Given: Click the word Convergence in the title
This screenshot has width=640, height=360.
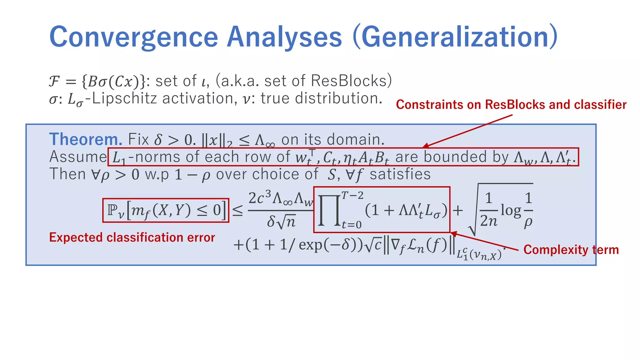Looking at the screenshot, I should coord(133,37).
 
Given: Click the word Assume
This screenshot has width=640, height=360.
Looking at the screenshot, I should coord(78,157).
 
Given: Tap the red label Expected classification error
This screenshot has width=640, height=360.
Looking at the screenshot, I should coord(132,237).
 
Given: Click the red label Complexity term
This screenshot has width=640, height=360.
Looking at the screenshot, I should coord(571,250).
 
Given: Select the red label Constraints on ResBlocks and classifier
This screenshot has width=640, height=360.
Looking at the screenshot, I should coord(511,105).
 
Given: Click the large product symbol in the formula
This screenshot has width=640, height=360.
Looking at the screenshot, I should coord(329,210).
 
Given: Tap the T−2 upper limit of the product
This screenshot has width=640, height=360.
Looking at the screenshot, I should coord(352,196).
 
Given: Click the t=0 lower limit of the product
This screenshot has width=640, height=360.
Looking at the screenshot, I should coord(352,225).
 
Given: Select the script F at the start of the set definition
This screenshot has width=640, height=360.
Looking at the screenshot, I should coord(54,82).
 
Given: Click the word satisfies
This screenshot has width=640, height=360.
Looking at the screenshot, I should coord(400,174).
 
